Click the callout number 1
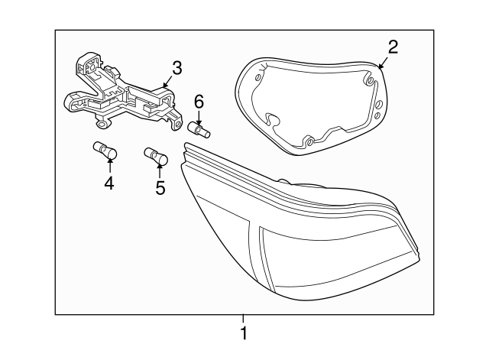coord(244,333)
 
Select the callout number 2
coord(393,47)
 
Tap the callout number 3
coord(176,68)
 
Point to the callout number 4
coord(109,183)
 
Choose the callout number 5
coord(160,188)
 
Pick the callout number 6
coord(199,102)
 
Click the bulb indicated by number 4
coord(105,150)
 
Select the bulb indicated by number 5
coord(156,155)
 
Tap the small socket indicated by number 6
coord(199,129)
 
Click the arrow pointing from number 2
coord(384,62)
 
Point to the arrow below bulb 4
coord(109,166)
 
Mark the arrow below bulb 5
coord(160,171)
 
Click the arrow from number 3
coord(167,82)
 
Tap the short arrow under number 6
coord(199,117)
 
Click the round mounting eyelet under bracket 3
coord(102,125)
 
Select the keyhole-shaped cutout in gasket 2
coord(272,121)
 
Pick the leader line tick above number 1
coord(243,319)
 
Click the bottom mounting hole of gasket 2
coord(309,143)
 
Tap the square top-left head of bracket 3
coord(91,63)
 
